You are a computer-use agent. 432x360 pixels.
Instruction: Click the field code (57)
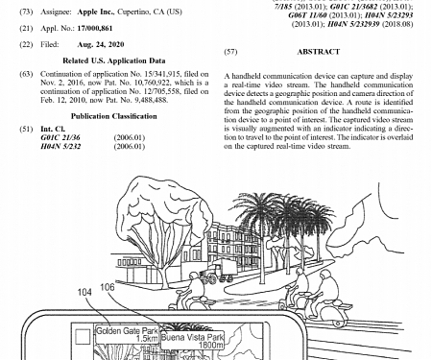(x=230, y=51)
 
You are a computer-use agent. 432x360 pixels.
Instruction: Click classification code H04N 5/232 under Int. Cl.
(x=61, y=145)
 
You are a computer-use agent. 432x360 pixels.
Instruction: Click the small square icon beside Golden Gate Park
(x=84, y=332)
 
